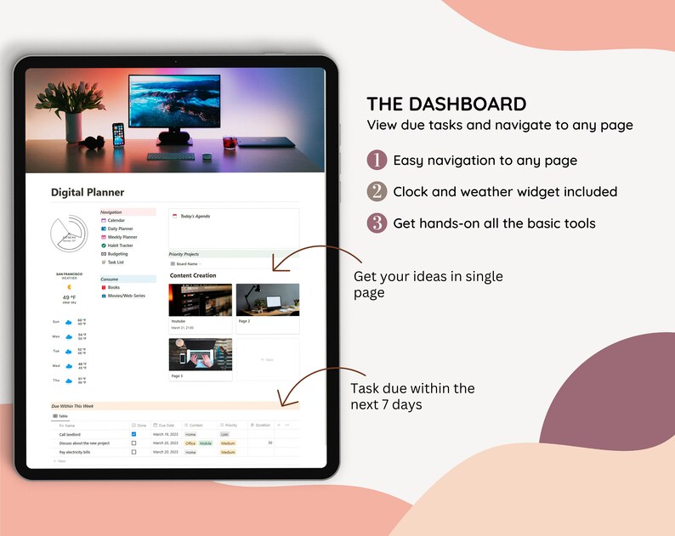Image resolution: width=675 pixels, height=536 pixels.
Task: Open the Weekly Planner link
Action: point(122,237)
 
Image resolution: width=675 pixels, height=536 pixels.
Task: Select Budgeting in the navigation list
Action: point(117,253)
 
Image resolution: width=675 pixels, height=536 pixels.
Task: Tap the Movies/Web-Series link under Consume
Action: point(126,296)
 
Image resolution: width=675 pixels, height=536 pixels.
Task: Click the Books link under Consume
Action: point(113,287)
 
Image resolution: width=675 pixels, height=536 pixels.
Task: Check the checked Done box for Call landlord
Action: point(133,434)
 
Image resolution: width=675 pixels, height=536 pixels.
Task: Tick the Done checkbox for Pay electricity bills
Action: point(133,452)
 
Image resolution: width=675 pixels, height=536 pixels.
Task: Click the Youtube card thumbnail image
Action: point(201,300)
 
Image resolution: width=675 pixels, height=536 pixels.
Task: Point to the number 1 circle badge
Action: point(377,160)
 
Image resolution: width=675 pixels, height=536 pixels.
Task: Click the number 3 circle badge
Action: point(377,223)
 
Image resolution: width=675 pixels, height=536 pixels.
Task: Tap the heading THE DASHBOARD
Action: point(446,104)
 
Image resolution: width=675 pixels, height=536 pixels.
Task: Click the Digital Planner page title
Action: point(87,193)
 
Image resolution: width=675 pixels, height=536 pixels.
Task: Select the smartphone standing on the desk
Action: point(118,134)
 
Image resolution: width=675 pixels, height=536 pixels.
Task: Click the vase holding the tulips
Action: point(74,127)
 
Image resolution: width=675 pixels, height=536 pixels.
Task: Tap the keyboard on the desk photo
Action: point(170,156)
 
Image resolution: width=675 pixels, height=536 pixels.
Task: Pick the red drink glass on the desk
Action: point(230,142)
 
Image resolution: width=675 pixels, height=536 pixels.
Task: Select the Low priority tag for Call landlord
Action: point(224,434)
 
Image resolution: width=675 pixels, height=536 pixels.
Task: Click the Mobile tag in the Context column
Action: point(206,443)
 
